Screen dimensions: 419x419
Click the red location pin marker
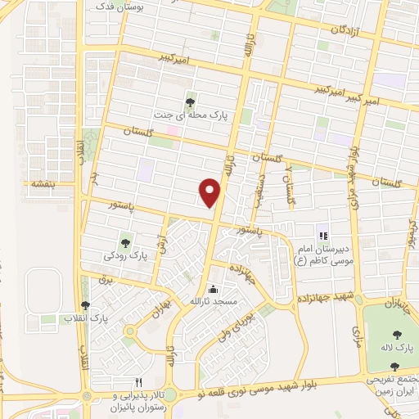(210, 191)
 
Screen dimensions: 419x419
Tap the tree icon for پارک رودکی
(126, 241)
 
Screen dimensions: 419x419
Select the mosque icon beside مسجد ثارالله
(214, 288)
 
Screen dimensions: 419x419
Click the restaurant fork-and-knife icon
(138, 383)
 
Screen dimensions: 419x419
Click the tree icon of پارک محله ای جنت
(190, 102)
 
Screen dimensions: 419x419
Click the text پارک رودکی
(126, 255)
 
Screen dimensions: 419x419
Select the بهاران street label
(160, 309)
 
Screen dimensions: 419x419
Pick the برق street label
(103, 280)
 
